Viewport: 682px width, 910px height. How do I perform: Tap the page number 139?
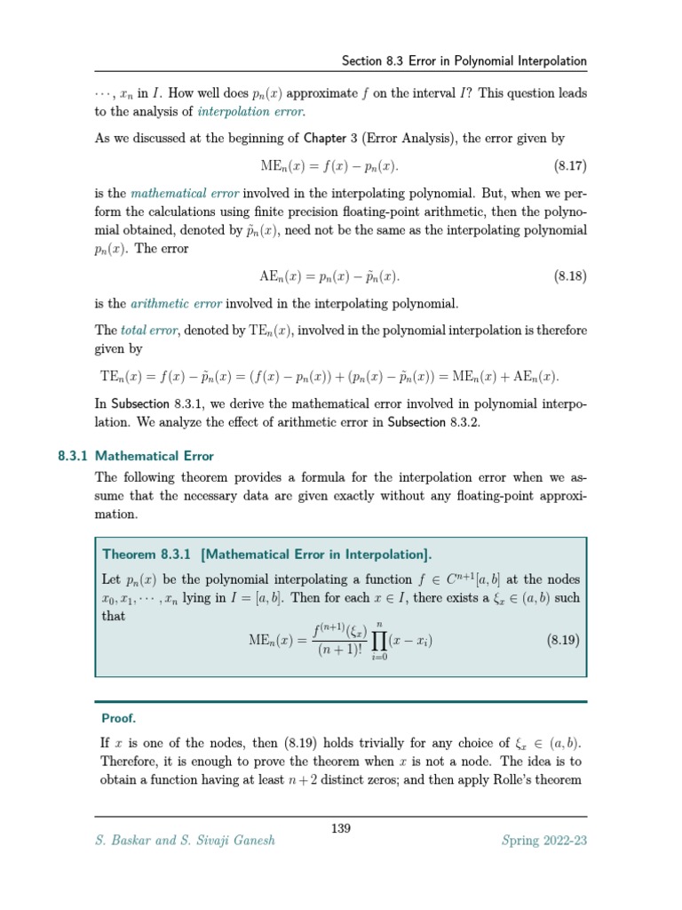(341, 828)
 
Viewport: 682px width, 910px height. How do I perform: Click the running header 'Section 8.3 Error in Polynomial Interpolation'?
(464, 61)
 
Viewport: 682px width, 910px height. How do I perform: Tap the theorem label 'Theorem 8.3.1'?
(148, 555)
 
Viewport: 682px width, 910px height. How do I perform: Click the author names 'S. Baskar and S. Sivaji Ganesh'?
(185, 841)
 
